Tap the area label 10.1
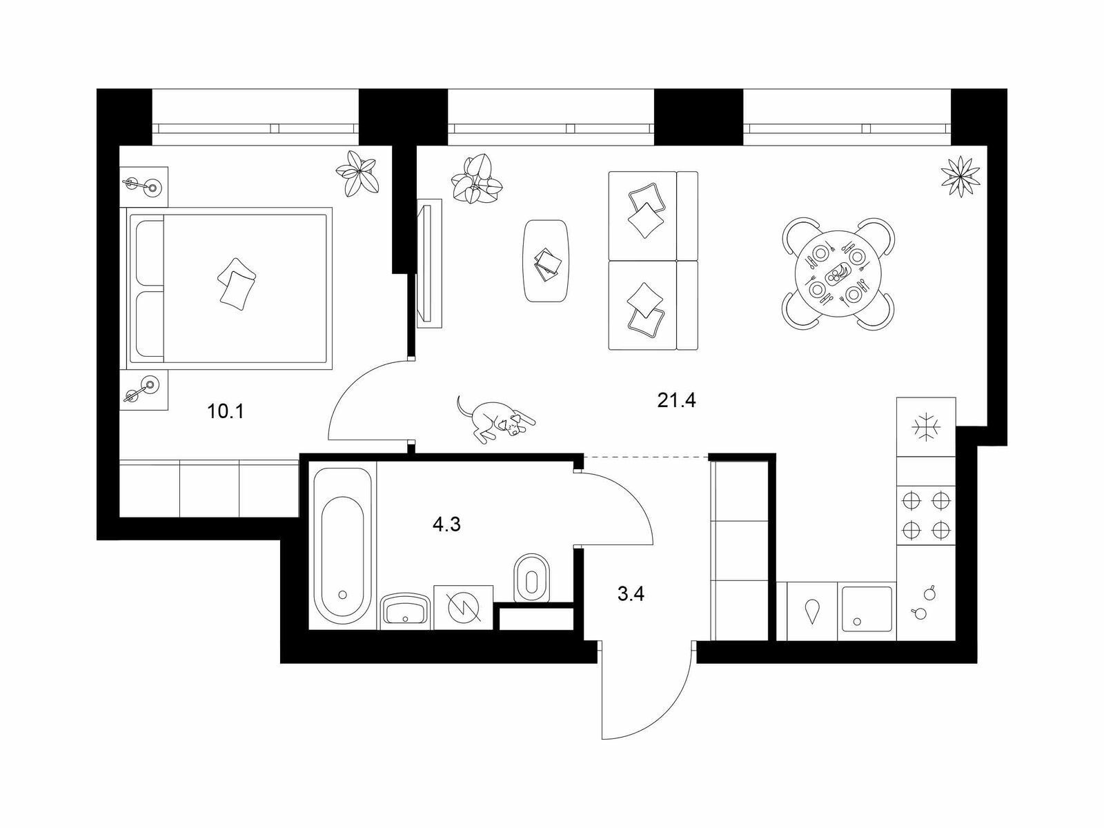pyautogui.click(x=226, y=412)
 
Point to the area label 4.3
pyautogui.click(x=446, y=525)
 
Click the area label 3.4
pyautogui.click(x=631, y=594)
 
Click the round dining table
pyautogui.click(x=838, y=273)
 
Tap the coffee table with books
pyautogui.click(x=546, y=260)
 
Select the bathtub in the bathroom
pyautogui.click(x=342, y=546)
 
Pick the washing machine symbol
pyautogui.click(x=463, y=607)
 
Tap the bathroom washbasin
pyautogui.click(x=406, y=611)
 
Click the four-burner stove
pyautogui.click(x=926, y=515)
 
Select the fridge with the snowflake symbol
pyautogui.click(x=926, y=427)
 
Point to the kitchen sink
pyautogui.click(x=867, y=611)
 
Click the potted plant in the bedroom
pyautogui.click(x=357, y=173)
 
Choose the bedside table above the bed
pyautogui.click(x=144, y=186)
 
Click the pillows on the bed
pyautogui.click(x=237, y=284)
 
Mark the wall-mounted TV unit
pyautogui.click(x=429, y=263)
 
